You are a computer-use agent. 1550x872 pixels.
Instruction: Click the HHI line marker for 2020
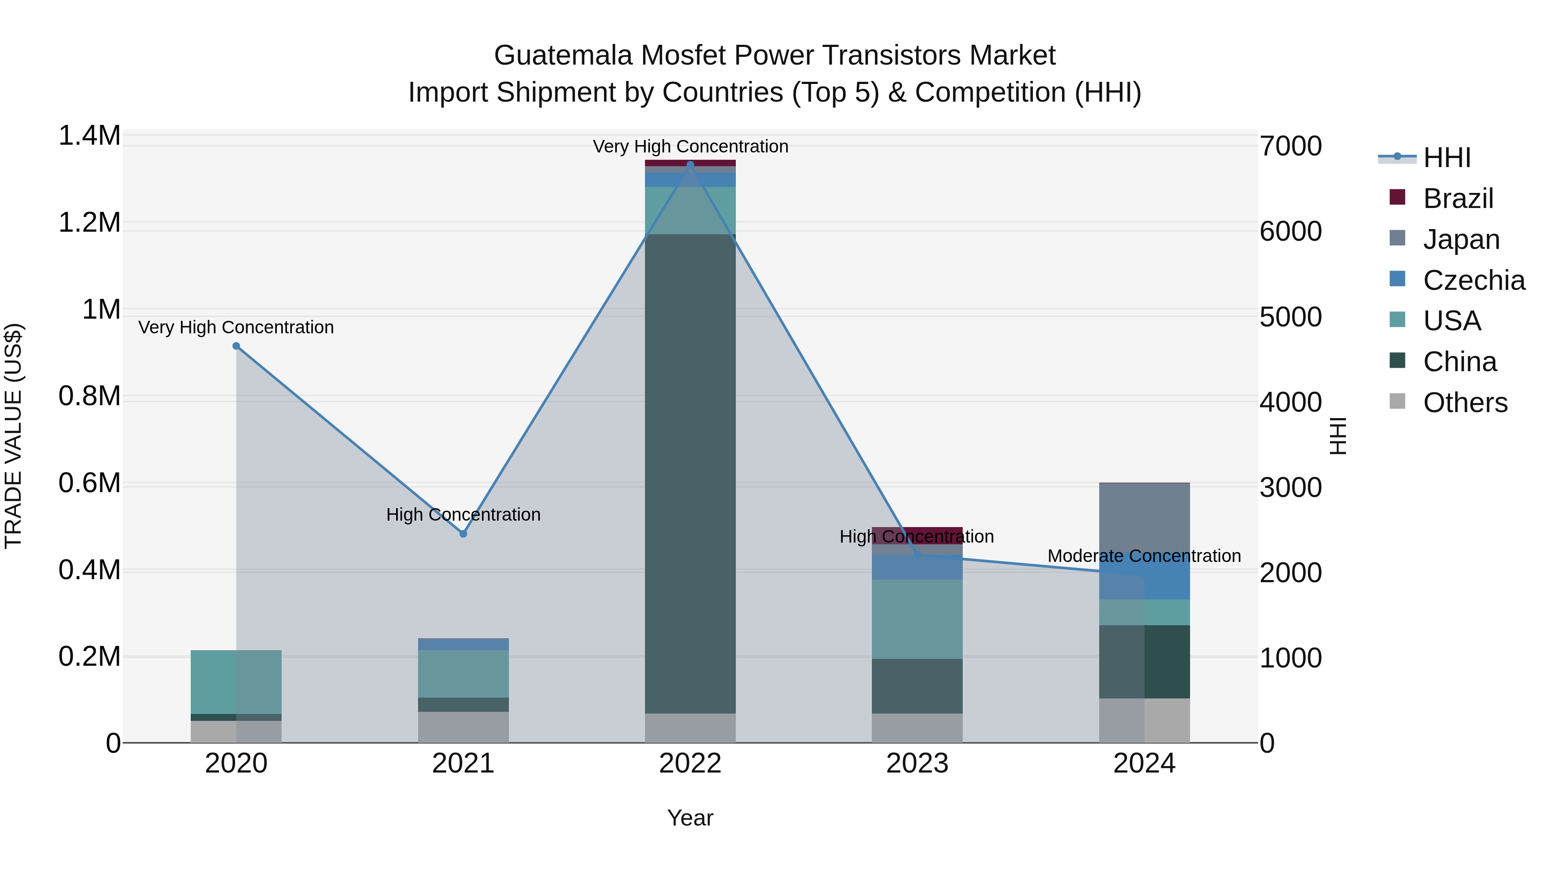[236, 346]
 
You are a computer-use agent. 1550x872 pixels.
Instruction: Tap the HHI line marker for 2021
[463, 534]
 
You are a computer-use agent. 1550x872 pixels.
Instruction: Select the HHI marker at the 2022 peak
[690, 164]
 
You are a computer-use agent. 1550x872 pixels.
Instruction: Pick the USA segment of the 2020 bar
[236, 682]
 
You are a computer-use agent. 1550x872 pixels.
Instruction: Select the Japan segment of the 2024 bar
[1144, 518]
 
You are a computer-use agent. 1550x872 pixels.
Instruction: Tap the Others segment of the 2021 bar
[463, 727]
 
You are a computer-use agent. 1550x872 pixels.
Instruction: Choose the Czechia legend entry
[1473, 280]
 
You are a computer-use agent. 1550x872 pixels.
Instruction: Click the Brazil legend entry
[1457, 199]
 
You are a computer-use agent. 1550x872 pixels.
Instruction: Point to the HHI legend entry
[1447, 158]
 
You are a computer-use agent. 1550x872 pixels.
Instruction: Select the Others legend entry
[1465, 403]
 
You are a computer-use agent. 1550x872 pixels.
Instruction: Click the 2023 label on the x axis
[917, 763]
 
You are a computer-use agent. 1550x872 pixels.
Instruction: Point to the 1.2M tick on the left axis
[89, 223]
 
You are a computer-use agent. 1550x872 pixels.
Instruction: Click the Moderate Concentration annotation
[1144, 556]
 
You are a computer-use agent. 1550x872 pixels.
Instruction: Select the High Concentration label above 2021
[463, 515]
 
